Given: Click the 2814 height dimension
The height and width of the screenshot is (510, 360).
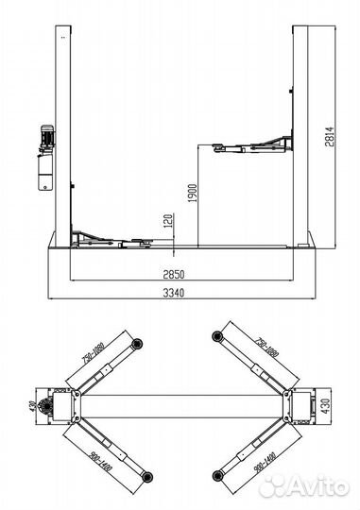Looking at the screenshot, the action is click(330, 137).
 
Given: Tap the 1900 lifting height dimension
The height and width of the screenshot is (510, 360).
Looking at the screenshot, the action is click(193, 194).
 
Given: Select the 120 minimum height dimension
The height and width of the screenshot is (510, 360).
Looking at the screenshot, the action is click(168, 221).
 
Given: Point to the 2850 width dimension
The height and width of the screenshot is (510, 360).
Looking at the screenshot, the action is click(174, 275).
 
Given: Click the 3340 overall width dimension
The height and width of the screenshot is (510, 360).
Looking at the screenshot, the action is click(174, 293).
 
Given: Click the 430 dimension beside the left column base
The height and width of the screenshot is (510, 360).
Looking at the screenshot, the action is click(32, 406).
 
